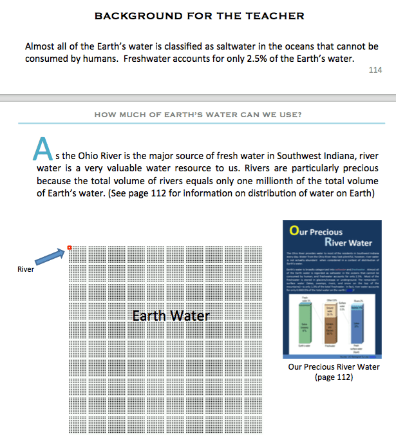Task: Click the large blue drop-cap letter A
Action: click(41, 150)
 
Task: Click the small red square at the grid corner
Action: click(70, 248)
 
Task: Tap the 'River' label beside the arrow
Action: click(26, 269)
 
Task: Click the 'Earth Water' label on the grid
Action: click(171, 316)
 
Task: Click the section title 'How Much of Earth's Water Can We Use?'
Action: click(198, 115)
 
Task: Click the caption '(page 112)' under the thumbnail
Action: click(334, 377)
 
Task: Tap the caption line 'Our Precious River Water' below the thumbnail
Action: click(334, 367)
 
